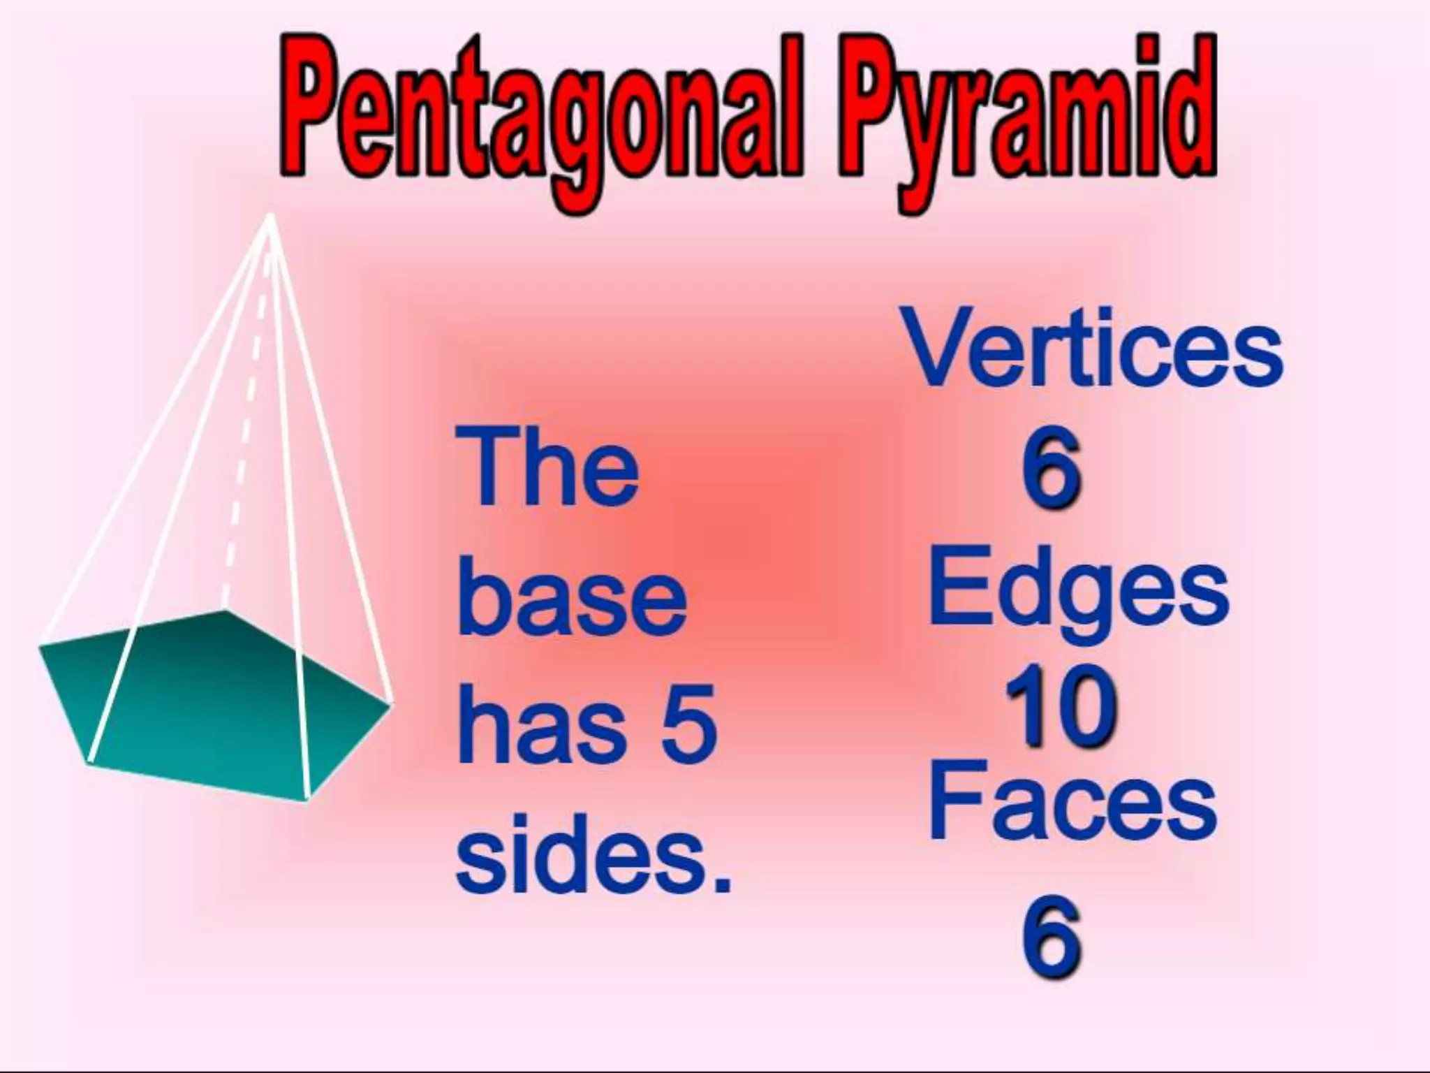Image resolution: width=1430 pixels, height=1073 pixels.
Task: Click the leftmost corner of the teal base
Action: tap(40, 647)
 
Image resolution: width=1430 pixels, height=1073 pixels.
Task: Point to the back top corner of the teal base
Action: tap(225, 611)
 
